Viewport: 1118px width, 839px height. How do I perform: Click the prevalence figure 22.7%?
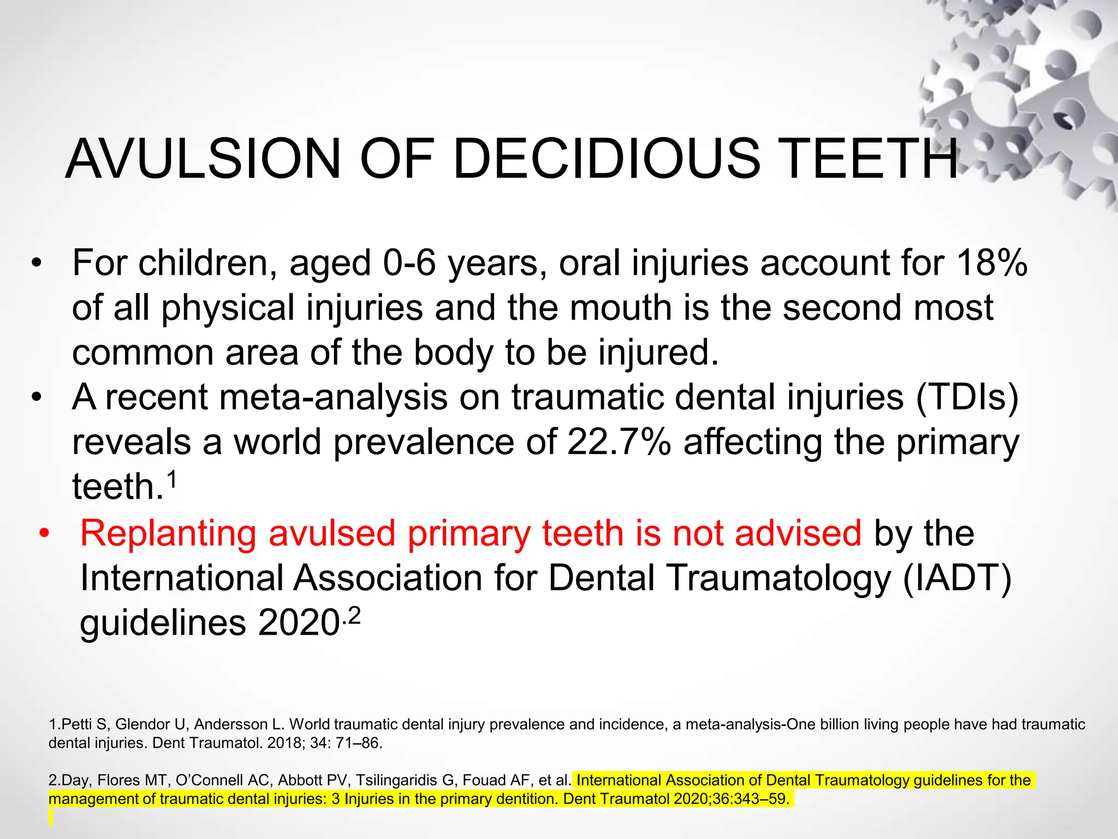tap(619, 442)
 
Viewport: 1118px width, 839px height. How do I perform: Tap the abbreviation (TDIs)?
tap(967, 397)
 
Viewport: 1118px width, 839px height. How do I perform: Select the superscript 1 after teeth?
tap(171, 480)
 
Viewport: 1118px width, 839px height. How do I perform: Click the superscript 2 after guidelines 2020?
tap(354, 617)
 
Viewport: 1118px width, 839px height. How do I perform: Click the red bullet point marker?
tap(44, 534)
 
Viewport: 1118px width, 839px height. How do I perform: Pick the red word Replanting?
tap(168, 534)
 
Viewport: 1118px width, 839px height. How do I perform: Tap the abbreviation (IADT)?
tap(956, 578)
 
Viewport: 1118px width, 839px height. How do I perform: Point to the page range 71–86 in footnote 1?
tap(358, 743)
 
